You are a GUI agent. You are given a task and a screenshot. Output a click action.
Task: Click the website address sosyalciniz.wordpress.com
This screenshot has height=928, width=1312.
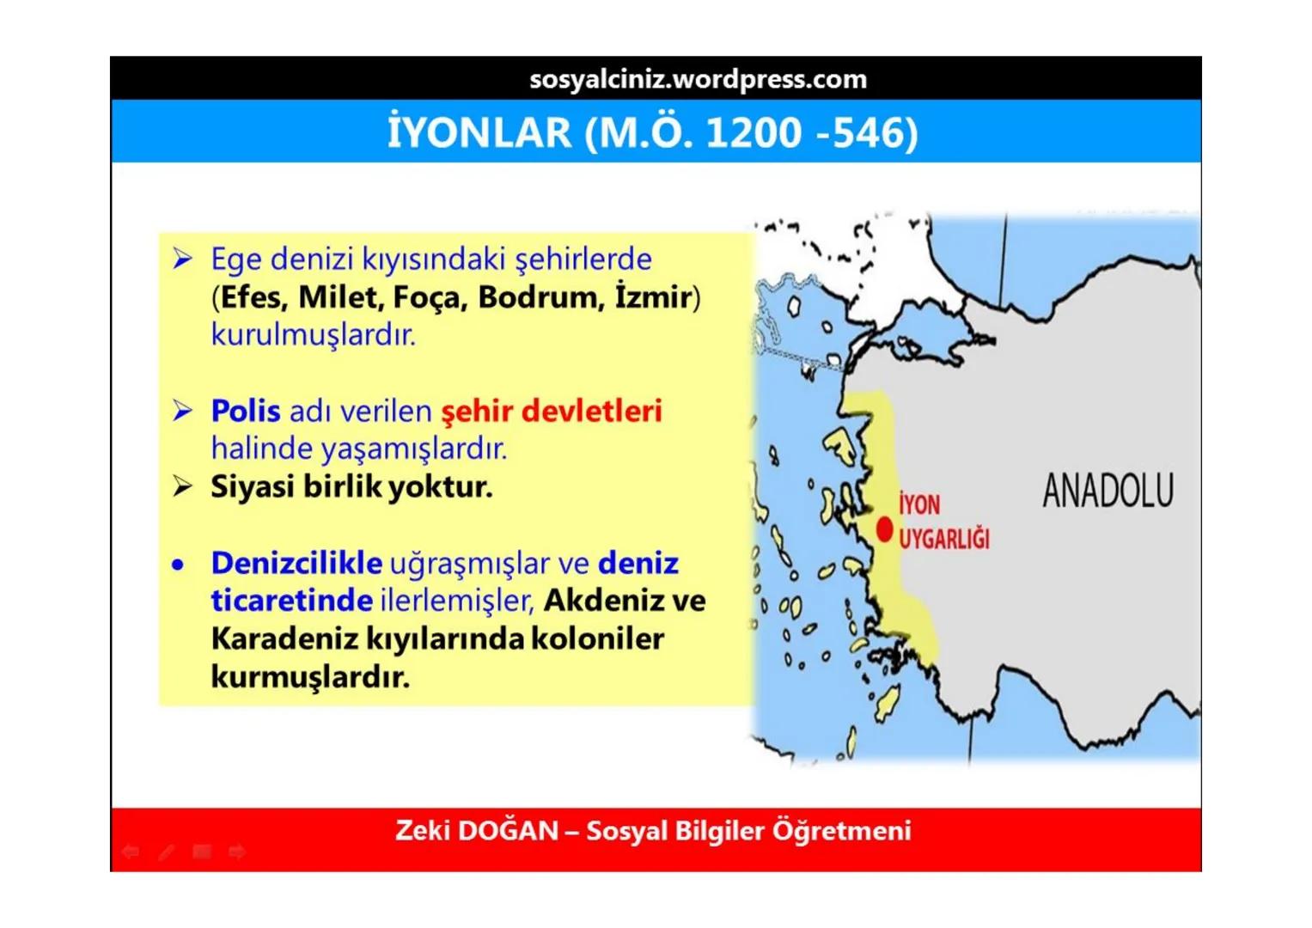698,79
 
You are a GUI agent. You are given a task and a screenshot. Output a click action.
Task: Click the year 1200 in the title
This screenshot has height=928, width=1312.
753,133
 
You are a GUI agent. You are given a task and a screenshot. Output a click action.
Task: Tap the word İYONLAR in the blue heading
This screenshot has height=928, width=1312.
479,133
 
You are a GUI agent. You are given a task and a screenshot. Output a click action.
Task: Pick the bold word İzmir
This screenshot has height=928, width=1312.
653,297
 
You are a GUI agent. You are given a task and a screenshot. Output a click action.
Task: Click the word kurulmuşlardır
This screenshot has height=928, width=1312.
313,334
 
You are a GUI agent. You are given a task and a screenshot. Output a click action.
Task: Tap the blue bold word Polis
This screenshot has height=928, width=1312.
246,411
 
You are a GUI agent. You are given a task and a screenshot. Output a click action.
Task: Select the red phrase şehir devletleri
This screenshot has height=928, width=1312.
552,411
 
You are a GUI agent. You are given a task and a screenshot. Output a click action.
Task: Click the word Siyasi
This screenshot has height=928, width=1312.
253,486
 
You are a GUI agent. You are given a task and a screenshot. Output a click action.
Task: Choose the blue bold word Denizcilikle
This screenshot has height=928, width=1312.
296,563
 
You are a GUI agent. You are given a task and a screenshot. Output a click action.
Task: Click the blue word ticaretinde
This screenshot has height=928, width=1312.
291,601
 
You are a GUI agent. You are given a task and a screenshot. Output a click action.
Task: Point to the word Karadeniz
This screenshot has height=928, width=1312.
284,639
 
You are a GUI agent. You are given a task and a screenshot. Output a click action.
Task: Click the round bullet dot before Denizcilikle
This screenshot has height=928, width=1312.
178,565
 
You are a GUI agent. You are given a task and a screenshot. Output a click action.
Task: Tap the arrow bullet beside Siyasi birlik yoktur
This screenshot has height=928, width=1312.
182,486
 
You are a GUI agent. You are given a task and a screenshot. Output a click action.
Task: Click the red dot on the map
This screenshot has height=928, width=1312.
884,530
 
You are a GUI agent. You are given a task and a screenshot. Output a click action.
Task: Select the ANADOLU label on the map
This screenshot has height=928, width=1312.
1108,491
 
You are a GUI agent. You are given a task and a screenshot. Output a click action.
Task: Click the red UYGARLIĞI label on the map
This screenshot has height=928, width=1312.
943,540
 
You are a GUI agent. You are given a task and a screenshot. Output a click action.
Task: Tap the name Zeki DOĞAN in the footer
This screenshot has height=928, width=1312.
477,831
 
